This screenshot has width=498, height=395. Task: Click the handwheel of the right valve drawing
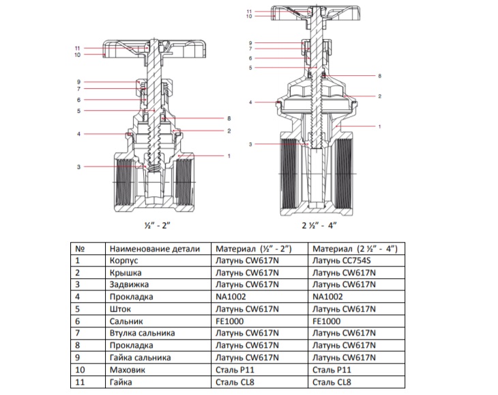[341, 12]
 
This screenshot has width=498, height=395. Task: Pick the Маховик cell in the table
[128, 369]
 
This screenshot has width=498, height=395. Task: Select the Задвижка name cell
[128, 285]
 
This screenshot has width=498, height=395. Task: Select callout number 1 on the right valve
[379, 126]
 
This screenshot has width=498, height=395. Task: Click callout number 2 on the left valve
[229, 131]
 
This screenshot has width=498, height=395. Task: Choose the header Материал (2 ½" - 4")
[353, 249]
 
